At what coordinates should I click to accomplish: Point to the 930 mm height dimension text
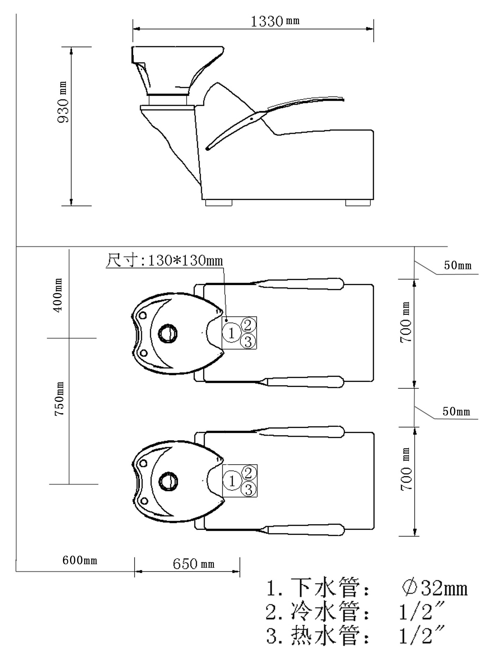point(63,102)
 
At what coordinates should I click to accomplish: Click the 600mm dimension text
point(79,560)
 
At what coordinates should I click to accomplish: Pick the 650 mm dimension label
point(193,563)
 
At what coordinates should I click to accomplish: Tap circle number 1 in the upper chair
point(231,333)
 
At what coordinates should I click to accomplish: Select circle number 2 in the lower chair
point(249,472)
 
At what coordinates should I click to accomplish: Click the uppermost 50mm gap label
point(457,265)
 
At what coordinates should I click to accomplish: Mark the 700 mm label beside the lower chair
point(406,469)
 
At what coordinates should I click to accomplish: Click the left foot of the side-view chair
point(219,203)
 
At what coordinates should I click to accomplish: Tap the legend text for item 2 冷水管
point(317,612)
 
